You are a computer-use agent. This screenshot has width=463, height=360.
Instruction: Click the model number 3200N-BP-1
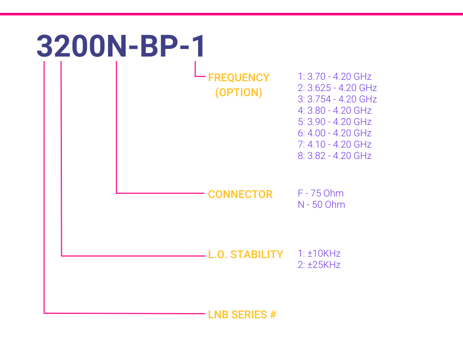point(120,46)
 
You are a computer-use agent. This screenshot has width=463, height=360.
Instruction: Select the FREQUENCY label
point(239,78)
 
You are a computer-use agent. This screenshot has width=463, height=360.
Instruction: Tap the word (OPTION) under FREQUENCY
point(239,93)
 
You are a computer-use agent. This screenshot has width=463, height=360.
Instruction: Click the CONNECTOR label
point(240,194)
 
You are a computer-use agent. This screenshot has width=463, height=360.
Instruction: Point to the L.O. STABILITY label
point(245,255)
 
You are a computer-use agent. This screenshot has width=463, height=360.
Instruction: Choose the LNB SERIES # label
point(242,315)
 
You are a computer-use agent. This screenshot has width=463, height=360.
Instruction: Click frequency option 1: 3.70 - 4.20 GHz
point(334,77)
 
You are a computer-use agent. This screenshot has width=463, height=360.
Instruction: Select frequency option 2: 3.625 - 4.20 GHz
point(337,87)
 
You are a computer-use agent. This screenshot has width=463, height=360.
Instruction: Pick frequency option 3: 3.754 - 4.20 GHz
point(337,99)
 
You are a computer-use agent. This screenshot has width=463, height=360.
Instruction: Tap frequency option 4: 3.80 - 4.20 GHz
point(334,111)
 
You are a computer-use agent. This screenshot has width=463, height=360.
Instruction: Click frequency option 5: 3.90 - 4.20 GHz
point(334,121)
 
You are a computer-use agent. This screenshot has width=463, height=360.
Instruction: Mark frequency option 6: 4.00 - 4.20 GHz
point(334,133)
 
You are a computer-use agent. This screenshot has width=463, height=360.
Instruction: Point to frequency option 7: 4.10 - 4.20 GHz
point(334,145)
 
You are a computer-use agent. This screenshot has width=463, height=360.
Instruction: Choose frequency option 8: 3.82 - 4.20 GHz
point(334,155)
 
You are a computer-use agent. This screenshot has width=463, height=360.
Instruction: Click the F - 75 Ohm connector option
point(320,193)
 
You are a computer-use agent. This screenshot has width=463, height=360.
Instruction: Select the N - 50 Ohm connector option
point(321,205)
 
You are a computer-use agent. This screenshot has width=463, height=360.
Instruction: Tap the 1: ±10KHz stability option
point(319,254)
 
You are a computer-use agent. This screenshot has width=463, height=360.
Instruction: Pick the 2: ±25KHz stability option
point(319,265)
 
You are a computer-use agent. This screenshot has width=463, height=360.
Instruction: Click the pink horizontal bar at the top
point(232,14)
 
